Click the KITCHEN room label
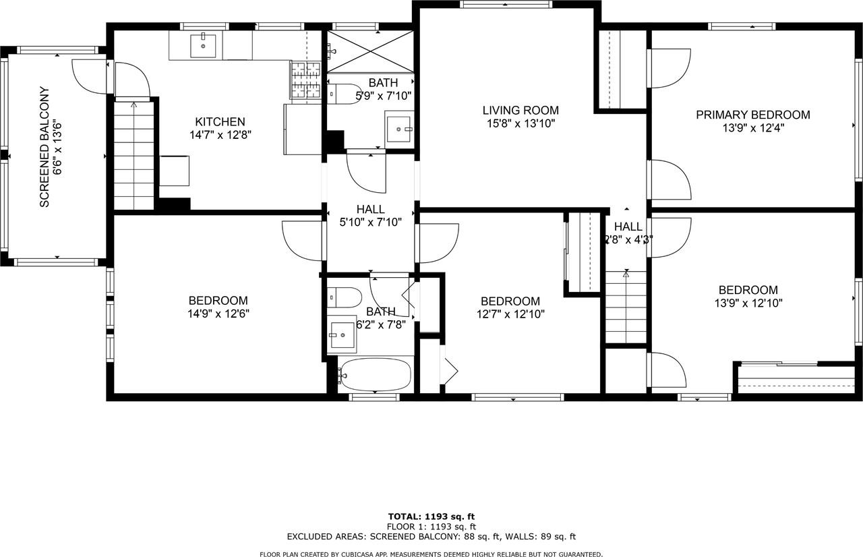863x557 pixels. click(220, 122)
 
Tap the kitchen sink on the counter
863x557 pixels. click(202, 46)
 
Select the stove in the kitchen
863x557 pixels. click(305, 80)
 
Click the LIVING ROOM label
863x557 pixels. click(520, 111)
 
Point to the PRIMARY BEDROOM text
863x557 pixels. click(752, 115)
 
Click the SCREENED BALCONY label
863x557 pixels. click(44, 146)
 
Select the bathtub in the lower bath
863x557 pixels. click(376, 374)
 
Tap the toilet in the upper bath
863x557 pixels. click(345, 94)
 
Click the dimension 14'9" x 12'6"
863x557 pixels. click(218, 314)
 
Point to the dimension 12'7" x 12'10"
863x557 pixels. click(510, 314)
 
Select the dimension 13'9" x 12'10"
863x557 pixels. click(748, 303)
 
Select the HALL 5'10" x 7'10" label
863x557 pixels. click(370, 215)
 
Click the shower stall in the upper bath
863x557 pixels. click(370, 51)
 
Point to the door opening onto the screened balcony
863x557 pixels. click(90, 76)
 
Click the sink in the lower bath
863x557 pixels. click(343, 333)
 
